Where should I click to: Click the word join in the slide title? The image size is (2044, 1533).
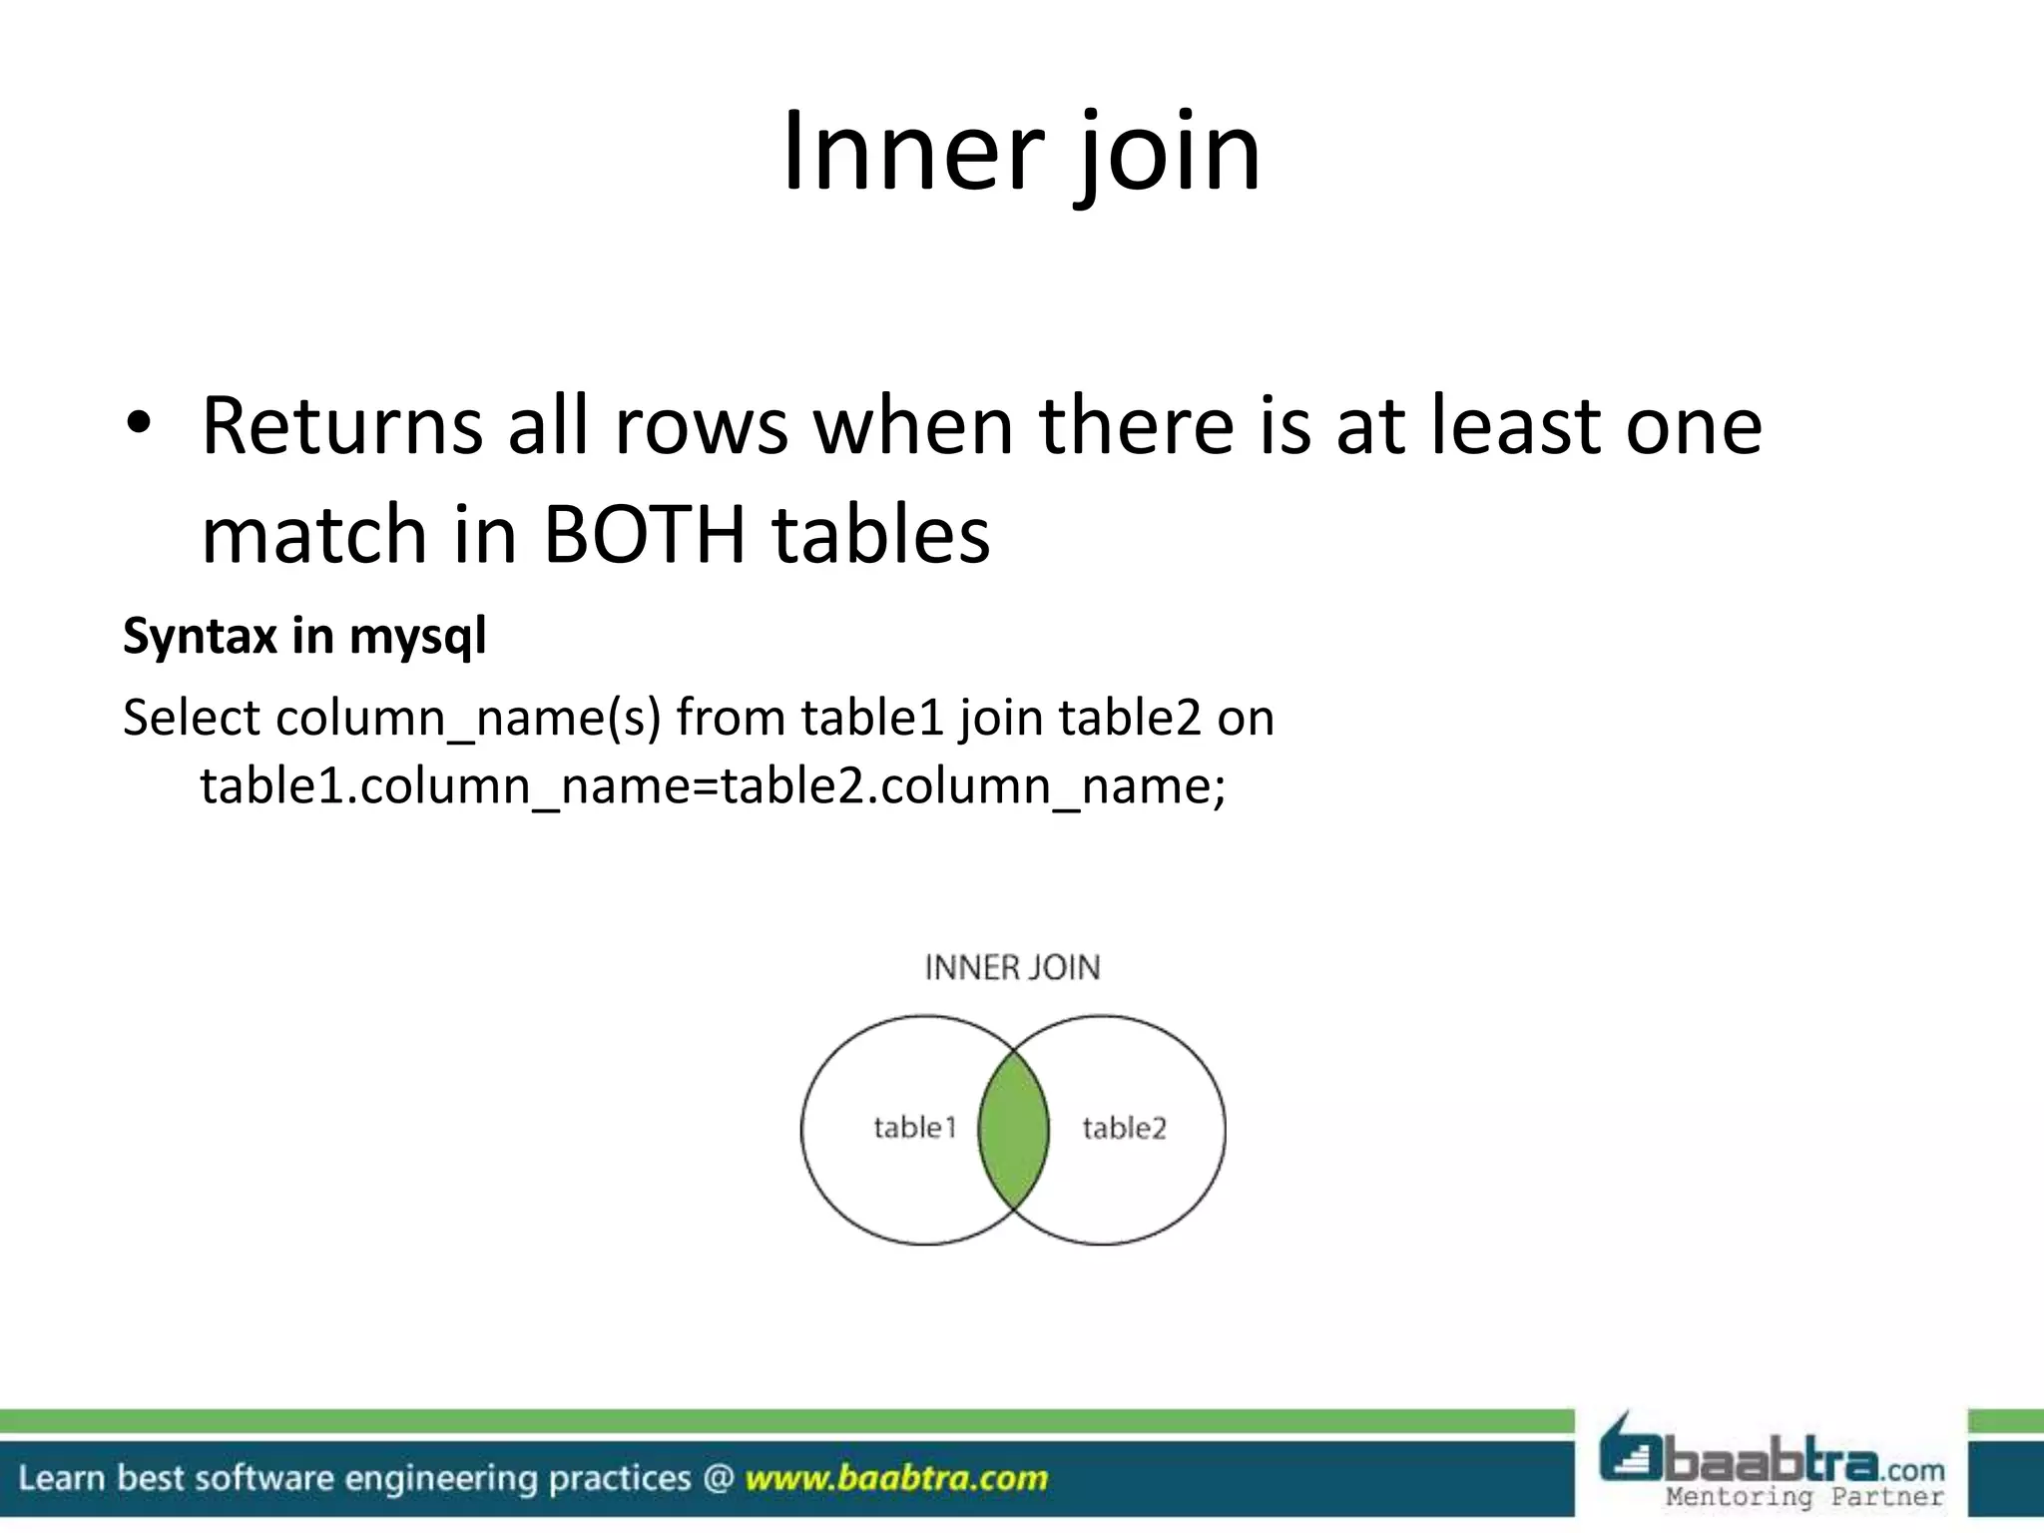pos(1167,155)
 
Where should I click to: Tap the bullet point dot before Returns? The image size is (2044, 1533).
pos(138,425)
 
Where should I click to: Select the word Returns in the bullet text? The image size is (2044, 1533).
pos(341,426)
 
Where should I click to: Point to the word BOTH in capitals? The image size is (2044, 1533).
pos(644,533)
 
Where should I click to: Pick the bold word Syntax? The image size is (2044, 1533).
pos(200,636)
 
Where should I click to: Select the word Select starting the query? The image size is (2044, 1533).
pos(191,718)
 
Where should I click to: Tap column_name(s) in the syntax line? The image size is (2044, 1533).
pos(468,720)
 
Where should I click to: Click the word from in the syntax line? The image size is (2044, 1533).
pos(731,718)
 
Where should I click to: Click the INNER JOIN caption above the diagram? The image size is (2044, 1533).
pos(1012,967)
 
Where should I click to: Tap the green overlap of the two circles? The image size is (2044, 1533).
pos(1013,1130)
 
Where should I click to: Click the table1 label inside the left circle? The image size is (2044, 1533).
pos(914,1128)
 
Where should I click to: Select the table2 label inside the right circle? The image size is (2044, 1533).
pos(1124,1128)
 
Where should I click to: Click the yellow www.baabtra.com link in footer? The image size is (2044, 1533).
pos(896,1477)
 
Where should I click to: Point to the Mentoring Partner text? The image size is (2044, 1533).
pos(1804,1496)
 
